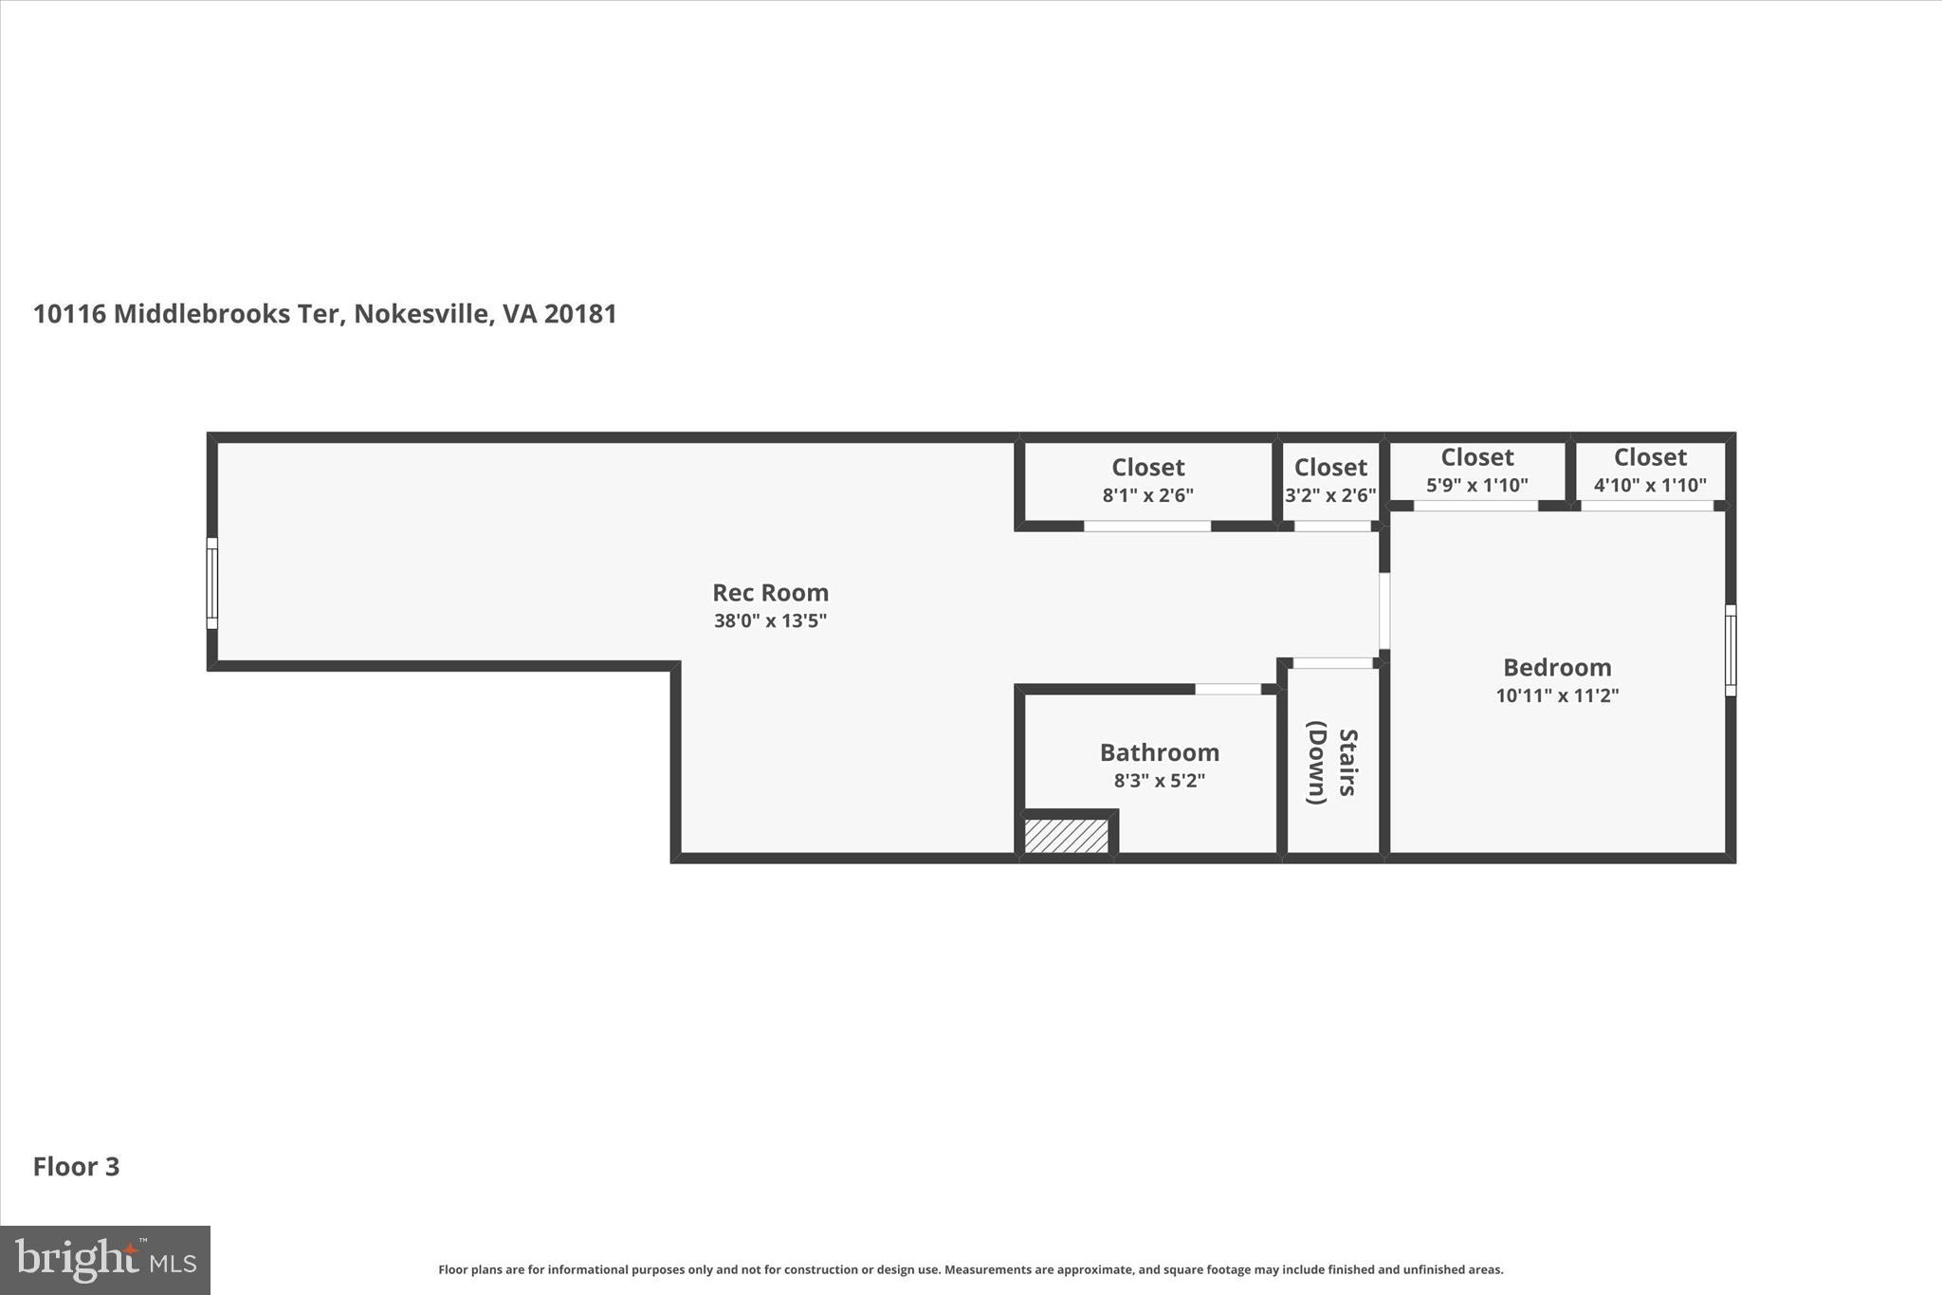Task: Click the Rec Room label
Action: tap(770, 593)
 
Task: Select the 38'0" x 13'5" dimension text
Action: tap(770, 621)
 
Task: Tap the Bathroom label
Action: tap(1159, 752)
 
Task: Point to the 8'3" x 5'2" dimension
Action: tap(1159, 781)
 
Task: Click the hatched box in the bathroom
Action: tap(1067, 836)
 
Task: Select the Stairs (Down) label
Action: tap(1331, 766)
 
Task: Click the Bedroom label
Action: tap(1557, 667)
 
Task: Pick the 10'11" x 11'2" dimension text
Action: tap(1557, 695)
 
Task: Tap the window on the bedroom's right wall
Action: tap(1730, 651)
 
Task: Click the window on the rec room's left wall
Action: tap(212, 583)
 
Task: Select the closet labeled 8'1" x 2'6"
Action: tap(1147, 481)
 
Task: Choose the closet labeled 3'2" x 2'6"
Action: tap(1330, 481)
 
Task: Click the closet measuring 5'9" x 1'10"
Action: tap(1476, 471)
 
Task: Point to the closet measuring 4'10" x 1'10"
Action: tap(1650, 471)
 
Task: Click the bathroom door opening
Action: tap(1227, 689)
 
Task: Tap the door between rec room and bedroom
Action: tap(1384, 610)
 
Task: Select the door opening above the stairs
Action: tap(1332, 663)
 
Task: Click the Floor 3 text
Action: tap(77, 1167)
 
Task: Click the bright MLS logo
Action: tap(105, 1260)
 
